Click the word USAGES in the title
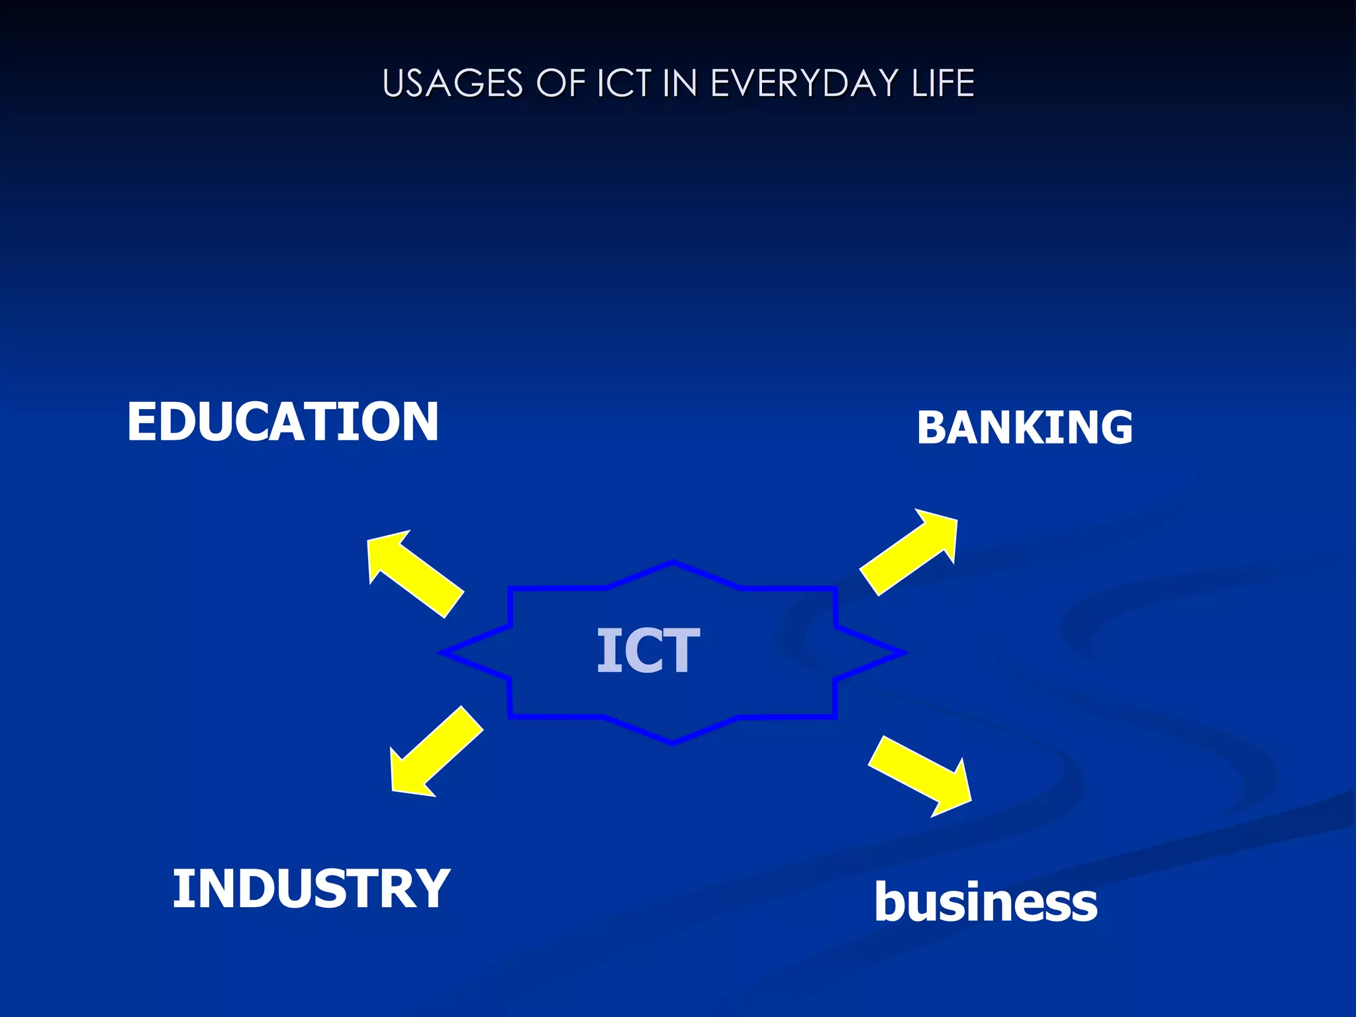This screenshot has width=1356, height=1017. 453,84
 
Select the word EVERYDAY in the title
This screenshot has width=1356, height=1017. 804,84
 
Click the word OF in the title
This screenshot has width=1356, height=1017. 560,84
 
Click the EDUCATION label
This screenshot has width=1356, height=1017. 283,422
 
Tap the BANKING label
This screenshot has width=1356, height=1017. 1024,427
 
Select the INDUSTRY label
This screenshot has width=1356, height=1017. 311,889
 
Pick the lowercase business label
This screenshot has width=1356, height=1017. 985,902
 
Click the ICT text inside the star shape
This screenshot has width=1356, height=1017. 648,652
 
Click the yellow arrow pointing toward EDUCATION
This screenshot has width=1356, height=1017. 414,572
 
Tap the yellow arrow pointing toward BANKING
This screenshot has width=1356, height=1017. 910,551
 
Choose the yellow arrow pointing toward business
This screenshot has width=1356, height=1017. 921,775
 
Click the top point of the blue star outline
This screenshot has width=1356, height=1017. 673,563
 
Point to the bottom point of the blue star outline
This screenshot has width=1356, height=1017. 673,742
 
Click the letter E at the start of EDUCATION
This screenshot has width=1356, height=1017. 141,422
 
